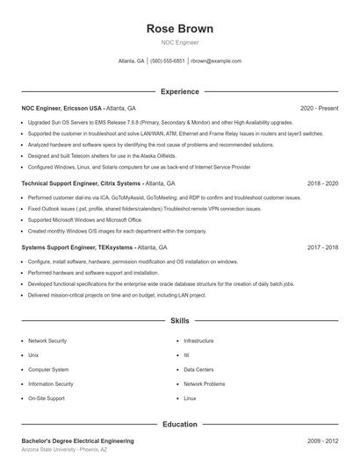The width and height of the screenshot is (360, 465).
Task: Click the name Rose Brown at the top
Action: point(180,28)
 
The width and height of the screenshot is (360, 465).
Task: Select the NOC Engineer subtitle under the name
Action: point(180,42)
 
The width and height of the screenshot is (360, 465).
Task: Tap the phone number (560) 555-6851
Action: point(168,61)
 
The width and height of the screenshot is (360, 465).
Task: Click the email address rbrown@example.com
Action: point(216,61)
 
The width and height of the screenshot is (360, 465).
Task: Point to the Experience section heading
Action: point(180,91)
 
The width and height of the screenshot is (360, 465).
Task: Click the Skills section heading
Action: point(180,321)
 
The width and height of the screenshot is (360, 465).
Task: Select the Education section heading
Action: point(180,424)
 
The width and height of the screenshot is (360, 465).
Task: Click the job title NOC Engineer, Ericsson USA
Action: point(61,108)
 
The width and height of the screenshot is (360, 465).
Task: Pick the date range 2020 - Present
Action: point(319,108)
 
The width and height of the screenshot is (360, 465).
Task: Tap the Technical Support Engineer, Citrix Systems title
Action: point(81,184)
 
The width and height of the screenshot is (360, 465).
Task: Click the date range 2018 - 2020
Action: point(322,184)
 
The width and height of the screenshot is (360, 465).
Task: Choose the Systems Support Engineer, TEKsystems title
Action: point(78,247)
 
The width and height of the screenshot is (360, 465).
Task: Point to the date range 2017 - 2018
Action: point(322,247)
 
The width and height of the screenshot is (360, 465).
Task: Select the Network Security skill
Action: point(47,340)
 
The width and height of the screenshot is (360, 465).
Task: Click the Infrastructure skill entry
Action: point(198,340)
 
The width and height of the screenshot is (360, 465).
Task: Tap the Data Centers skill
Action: point(198,369)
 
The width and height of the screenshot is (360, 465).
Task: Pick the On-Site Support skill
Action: point(47,398)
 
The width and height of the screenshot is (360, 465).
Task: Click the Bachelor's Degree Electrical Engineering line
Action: point(78,440)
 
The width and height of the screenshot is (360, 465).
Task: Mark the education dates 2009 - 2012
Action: point(322,440)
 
